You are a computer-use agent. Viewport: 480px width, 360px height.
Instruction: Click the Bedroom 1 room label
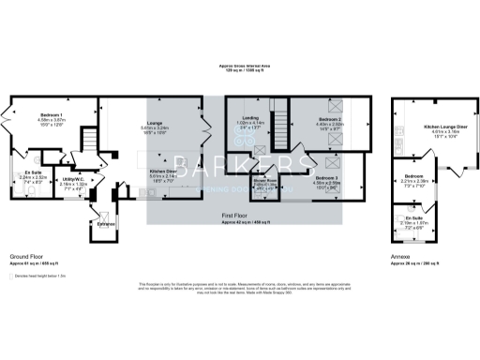coord(52,113)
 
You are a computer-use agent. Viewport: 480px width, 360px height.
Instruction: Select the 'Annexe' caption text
coord(399,255)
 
